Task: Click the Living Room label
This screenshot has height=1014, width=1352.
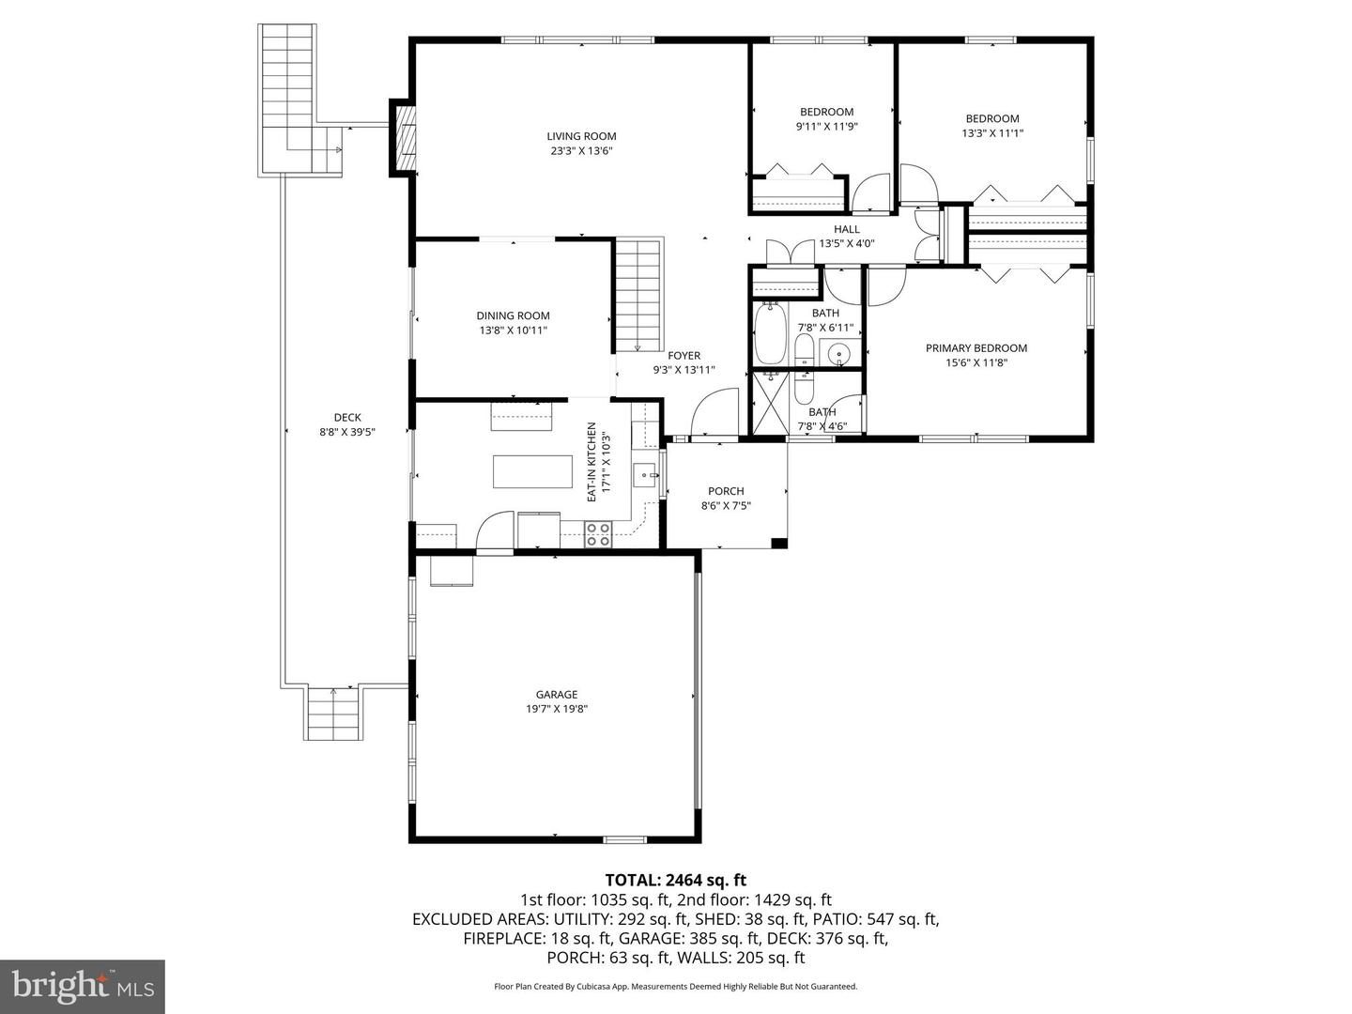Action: tap(582, 136)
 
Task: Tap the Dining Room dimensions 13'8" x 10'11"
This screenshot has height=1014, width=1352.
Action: tap(513, 330)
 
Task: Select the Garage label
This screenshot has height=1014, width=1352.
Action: tap(557, 695)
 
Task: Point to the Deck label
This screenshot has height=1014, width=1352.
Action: tap(347, 418)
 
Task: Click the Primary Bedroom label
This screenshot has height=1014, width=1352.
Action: tap(976, 348)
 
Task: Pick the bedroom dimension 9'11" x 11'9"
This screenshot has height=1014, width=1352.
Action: tap(826, 127)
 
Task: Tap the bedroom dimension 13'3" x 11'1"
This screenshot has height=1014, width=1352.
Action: tap(992, 133)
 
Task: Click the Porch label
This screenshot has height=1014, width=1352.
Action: tap(726, 491)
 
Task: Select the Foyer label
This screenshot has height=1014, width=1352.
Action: tap(684, 356)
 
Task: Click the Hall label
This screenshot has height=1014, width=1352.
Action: tap(846, 229)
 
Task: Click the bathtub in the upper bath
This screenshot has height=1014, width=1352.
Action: tap(771, 332)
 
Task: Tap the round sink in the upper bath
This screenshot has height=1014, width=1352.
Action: tap(837, 354)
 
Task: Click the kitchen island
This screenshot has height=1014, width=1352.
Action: tap(533, 471)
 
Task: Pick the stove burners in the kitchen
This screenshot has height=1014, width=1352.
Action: tap(598, 535)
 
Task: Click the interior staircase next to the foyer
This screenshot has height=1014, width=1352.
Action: tap(639, 295)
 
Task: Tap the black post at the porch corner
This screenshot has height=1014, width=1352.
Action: tap(778, 543)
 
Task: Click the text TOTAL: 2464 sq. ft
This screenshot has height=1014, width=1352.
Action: tap(675, 880)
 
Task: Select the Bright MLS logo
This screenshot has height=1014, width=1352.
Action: tap(83, 986)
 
